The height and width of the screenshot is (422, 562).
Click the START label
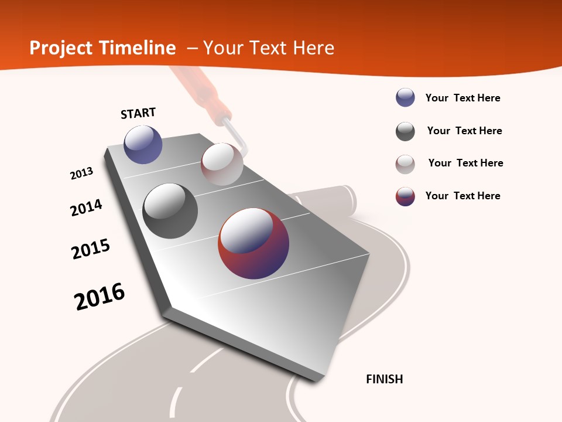tap(138, 113)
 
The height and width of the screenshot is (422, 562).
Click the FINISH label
tap(384, 379)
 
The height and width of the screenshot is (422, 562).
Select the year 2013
tap(81, 173)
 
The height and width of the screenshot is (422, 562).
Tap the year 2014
tap(86, 207)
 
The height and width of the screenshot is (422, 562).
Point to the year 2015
tap(91, 249)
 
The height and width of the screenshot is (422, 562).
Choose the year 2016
tap(100, 297)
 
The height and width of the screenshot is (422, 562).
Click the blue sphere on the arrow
tap(143, 144)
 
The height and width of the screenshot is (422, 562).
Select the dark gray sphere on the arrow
tap(170, 211)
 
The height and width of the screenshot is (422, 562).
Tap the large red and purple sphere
tap(253, 243)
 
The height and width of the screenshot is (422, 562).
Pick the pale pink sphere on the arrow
tap(222, 164)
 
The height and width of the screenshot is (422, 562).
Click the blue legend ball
tap(405, 98)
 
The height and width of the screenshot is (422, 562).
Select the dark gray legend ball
tap(405, 131)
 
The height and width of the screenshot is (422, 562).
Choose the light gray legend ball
tap(405, 164)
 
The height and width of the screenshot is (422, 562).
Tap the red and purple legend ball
tap(405, 196)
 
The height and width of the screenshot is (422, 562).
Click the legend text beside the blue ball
tap(462, 98)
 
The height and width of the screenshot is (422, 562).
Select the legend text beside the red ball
tap(462, 196)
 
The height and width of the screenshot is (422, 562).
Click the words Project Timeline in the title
tap(102, 48)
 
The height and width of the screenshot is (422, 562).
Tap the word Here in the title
tap(313, 48)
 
